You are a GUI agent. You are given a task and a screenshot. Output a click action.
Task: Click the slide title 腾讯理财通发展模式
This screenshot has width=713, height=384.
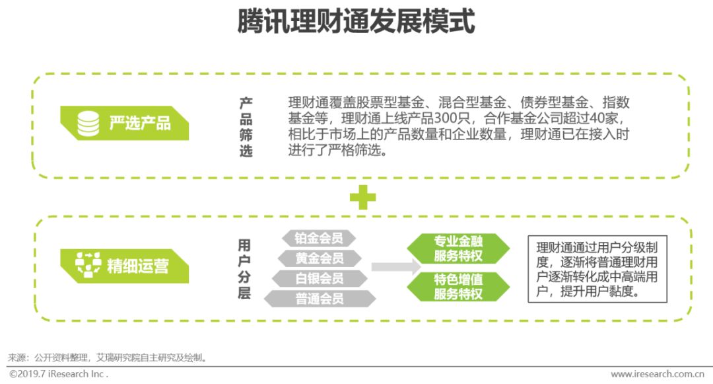point(356,22)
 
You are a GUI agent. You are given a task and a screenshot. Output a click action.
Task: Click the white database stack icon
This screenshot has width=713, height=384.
point(88,123)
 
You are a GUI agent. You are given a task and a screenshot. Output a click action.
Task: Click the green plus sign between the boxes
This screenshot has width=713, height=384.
point(362,197)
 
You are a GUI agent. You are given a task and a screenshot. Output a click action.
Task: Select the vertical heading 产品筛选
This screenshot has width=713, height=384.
point(246,128)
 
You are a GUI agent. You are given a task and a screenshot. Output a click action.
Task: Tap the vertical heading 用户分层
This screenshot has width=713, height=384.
point(244,269)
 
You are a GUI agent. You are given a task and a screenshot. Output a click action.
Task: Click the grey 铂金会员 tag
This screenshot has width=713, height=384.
point(319,238)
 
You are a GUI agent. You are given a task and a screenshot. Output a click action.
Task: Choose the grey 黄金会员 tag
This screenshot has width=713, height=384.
point(320,258)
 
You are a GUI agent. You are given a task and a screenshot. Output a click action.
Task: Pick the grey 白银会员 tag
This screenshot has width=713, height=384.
point(320,278)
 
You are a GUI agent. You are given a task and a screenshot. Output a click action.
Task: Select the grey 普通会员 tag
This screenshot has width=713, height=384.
point(320,299)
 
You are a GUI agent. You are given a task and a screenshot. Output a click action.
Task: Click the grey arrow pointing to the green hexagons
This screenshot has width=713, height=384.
point(395,267)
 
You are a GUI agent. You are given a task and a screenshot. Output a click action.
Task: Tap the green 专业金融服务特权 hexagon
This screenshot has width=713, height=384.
point(458,249)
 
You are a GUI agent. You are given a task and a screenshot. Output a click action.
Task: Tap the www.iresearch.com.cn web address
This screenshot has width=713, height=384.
point(657,374)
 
